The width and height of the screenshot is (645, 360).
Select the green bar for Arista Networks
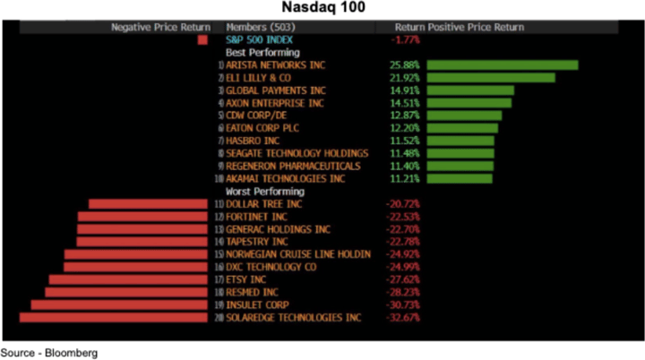pyautogui.click(x=502, y=65)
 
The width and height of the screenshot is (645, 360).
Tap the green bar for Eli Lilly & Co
pyautogui.click(x=490, y=78)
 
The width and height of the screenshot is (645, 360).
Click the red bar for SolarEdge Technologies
pyautogui.click(x=114, y=318)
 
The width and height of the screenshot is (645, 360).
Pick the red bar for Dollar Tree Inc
pyautogui.click(x=149, y=204)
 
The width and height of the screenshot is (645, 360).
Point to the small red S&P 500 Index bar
pyautogui.click(x=202, y=40)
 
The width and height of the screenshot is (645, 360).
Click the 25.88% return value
pyautogui.click(x=405, y=65)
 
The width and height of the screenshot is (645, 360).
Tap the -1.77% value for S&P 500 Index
pyautogui.click(x=405, y=40)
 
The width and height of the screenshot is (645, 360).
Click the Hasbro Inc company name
pyautogui.click(x=253, y=141)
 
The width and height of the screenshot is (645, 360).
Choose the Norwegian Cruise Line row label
pyautogui.click(x=297, y=254)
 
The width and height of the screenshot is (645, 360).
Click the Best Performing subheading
pyautogui.click(x=262, y=53)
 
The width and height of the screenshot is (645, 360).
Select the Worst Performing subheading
pyautogui.click(x=264, y=192)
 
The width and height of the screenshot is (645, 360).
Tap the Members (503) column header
pyautogui.click(x=259, y=28)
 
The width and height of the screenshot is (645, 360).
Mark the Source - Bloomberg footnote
pyautogui.click(x=49, y=353)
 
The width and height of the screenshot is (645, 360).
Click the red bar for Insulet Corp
pyautogui.click(x=119, y=305)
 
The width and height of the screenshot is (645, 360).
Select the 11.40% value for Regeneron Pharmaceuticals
pyautogui.click(x=405, y=166)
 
